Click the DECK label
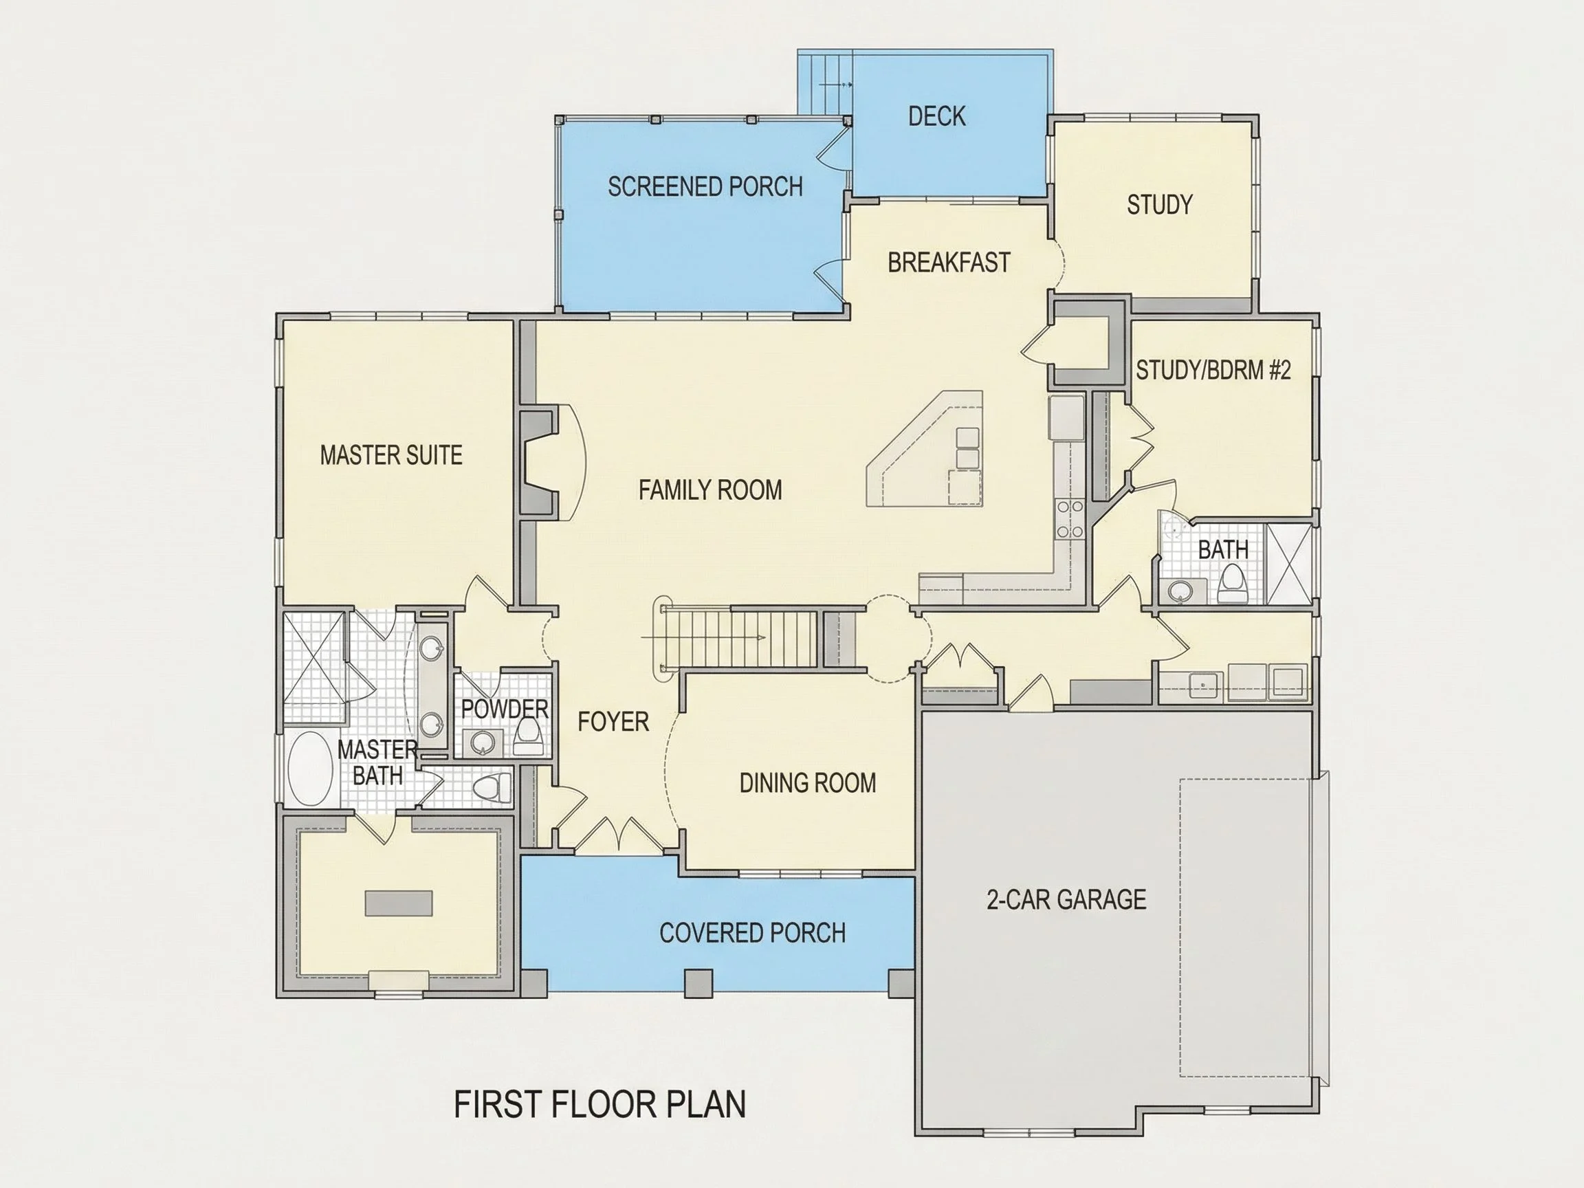936,116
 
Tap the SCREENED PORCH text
705,187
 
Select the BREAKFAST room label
949,263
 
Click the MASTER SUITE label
391,454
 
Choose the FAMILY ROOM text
710,489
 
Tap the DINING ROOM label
808,782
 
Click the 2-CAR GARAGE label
1066,899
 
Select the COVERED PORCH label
753,932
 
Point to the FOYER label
614,721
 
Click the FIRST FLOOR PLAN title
600,1104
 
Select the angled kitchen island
925,448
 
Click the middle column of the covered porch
699,983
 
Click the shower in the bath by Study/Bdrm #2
1289,564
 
